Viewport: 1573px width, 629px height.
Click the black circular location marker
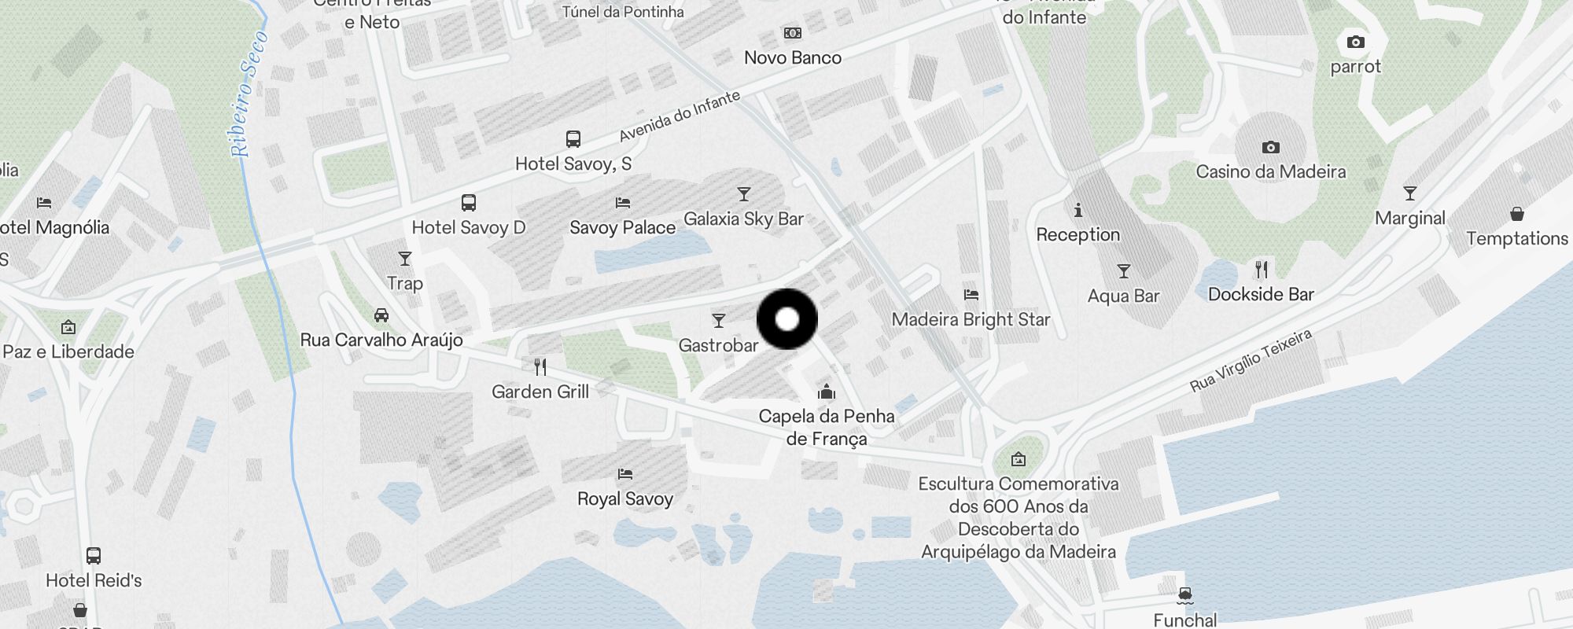pyautogui.click(x=787, y=319)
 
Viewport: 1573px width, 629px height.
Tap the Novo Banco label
pyautogui.click(x=792, y=57)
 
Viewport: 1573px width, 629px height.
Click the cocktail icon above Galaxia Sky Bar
pyautogui.click(x=743, y=194)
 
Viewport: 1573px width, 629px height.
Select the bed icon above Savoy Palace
pyautogui.click(x=623, y=203)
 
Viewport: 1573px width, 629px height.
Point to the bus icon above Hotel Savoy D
pyautogui.click(x=469, y=203)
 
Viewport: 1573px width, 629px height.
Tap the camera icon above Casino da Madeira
pyautogui.click(x=1270, y=147)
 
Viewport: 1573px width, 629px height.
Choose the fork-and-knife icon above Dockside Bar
pyautogui.click(x=1262, y=270)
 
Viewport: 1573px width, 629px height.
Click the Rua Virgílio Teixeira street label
pyautogui.click(x=1251, y=360)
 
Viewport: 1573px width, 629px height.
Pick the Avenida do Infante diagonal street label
pyautogui.click(x=680, y=116)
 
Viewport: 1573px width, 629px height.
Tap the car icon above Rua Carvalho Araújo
pyautogui.click(x=381, y=315)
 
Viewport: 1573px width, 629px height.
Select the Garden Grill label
pyautogui.click(x=540, y=392)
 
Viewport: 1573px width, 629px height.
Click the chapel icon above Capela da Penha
pyautogui.click(x=826, y=392)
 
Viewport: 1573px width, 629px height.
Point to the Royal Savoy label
pyautogui.click(x=625, y=498)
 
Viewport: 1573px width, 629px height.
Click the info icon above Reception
pyautogui.click(x=1078, y=210)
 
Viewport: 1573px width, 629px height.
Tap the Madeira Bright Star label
pyautogui.click(x=971, y=319)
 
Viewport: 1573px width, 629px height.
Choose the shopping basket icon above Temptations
pyautogui.click(x=1517, y=214)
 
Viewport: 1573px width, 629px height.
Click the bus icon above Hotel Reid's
pyautogui.click(x=94, y=556)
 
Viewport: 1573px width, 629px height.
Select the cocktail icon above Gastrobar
pyautogui.click(x=718, y=321)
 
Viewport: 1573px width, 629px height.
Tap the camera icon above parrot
pyautogui.click(x=1355, y=42)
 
